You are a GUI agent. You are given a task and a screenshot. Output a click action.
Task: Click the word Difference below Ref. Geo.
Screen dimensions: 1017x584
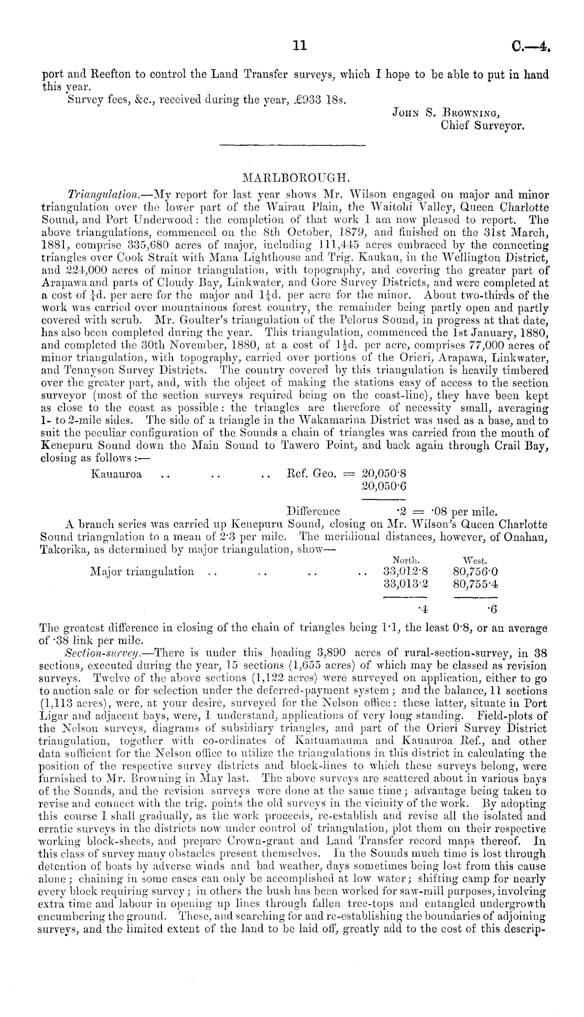point(313,511)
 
